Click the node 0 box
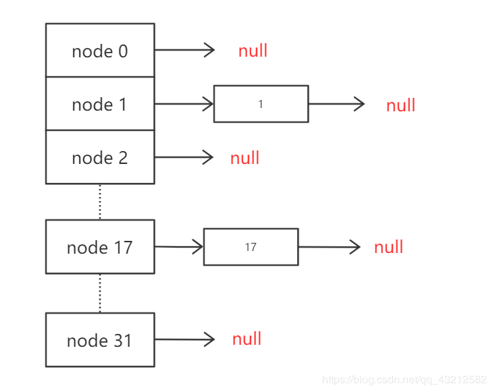click(100, 51)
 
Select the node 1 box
click(100, 104)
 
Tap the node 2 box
click(100, 157)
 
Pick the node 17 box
click(100, 247)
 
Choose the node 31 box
click(100, 340)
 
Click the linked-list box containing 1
click(261, 104)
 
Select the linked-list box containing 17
click(251, 247)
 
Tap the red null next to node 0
click(253, 51)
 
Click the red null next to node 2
click(244, 158)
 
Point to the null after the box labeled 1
click(400, 105)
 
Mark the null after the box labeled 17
click(388, 247)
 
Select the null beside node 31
click(246, 339)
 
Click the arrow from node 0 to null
click(184, 50)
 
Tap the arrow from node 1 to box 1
click(184, 104)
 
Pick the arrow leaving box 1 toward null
click(336, 104)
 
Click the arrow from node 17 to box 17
click(179, 247)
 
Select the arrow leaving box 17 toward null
click(330, 247)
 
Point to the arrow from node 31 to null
click(184, 340)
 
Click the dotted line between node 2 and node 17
click(100, 201)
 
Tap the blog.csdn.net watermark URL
click(404, 380)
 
